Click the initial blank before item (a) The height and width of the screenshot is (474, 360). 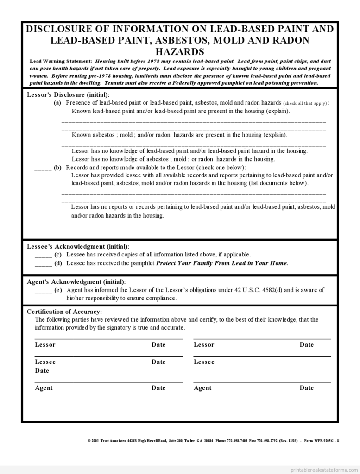click(x=43, y=103)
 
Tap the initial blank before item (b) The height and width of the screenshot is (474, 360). click(x=43, y=168)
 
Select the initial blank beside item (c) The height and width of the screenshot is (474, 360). click(x=43, y=255)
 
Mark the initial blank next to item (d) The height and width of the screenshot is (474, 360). click(x=43, y=264)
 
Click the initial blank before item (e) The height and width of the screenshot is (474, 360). click(x=43, y=291)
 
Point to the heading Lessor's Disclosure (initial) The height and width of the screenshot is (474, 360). click(x=68, y=95)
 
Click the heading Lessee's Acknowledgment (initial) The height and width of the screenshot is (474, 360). click(x=78, y=247)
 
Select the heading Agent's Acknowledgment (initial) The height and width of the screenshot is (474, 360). click(x=76, y=282)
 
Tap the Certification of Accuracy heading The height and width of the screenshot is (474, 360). click(x=64, y=312)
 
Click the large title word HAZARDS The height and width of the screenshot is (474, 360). click(x=180, y=51)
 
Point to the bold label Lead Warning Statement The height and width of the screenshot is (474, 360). click(x=61, y=61)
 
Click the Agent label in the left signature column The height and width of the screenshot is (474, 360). click(x=44, y=388)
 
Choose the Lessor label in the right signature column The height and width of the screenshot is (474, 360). click(x=204, y=345)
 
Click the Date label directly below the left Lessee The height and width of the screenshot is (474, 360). click(x=42, y=371)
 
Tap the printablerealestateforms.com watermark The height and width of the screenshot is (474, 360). click(x=324, y=469)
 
